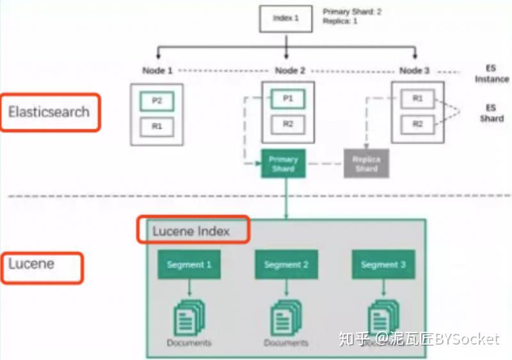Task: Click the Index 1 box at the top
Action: [286, 19]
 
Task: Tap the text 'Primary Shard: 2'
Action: [352, 12]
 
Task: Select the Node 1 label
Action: [157, 70]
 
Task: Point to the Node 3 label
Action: [414, 70]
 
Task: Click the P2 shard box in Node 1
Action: [157, 101]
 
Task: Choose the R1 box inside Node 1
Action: [157, 127]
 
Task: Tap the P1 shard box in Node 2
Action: [287, 98]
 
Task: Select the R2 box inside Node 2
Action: [287, 124]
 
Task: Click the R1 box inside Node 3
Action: [417, 98]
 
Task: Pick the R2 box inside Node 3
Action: [417, 124]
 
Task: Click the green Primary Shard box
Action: [283, 164]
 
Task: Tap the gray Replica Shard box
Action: [366, 164]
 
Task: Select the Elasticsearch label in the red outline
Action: [49, 113]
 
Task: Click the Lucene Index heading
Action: [192, 231]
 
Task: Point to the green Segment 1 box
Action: [189, 264]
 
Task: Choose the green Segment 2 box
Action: [286, 264]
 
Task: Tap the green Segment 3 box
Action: [383, 264]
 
